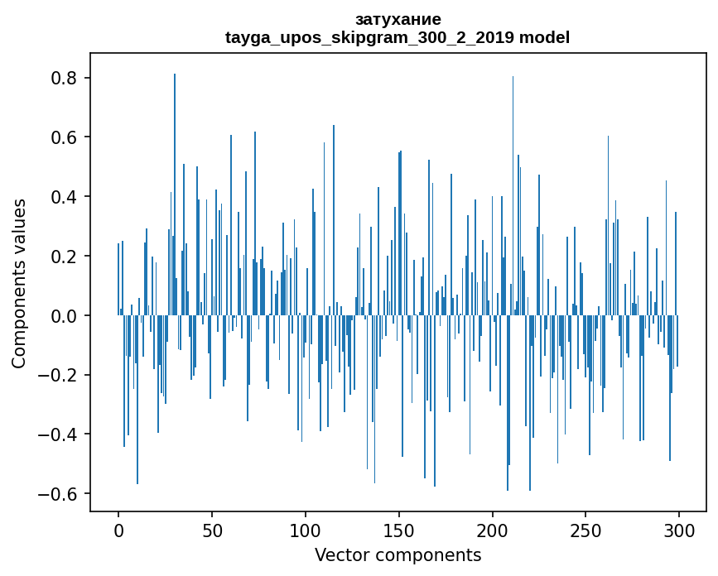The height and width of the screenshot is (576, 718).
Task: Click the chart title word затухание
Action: coord(398,19)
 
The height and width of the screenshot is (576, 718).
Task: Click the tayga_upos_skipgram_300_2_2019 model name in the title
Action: coord(398,37)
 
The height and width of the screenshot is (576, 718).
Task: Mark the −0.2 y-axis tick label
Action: coord(60,375)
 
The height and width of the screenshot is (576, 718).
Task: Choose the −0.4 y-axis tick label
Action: coord(60,434)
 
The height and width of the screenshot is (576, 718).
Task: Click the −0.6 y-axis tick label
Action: coord(60,494)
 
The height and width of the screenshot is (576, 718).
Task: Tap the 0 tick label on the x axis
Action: coord(118,530)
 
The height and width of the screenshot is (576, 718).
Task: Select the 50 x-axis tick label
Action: coord(212,530)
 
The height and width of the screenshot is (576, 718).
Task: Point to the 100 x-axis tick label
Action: coord(306,530)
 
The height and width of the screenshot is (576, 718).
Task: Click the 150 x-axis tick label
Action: coord(399,530)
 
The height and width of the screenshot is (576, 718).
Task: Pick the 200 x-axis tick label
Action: coord(493,530)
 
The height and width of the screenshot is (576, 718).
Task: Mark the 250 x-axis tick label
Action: coord(586,530)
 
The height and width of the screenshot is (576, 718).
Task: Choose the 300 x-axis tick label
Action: coord(679,530)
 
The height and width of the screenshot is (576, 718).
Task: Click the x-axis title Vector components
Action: coord(398,554)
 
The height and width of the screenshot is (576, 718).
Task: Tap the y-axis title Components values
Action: coord(19,283)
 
